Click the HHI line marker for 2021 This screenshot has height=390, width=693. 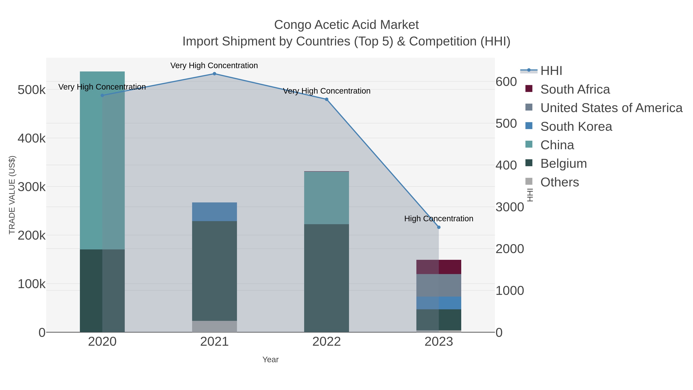[x=214, y=74]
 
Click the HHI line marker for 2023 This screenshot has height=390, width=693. [x=439, y=227]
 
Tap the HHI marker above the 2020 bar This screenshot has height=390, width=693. [x=102, y=96]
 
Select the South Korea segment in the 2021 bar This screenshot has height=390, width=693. [x=214, y=212]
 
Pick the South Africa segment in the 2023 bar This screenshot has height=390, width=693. [x=439, y=267]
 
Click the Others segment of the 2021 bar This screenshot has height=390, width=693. [x=214, y=326]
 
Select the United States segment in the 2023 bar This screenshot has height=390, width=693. [x=439, y=285]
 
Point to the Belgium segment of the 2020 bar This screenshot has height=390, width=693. [x=102, y=291]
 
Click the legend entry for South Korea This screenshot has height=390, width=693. [x=576, y=127]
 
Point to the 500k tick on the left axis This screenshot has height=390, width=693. [x=32, y=90]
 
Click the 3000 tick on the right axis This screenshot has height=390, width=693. [x=510, y=207]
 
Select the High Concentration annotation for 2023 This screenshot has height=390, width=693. [x=439, y=219]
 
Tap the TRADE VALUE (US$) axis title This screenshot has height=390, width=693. [x=12, y=195]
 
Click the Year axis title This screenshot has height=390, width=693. [x=270, y=360]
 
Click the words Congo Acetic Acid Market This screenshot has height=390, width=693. [x=346, y=25]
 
